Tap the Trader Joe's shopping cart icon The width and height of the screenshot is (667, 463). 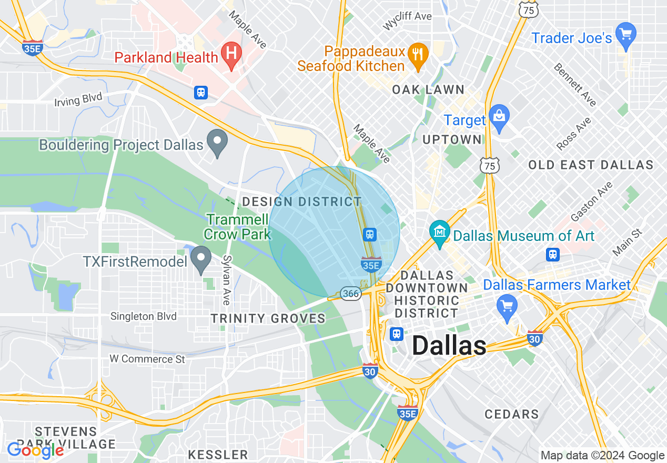pyautogui.click(x=625, y=35)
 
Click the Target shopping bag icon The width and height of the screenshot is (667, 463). pyautogui.click(x=498, y=117)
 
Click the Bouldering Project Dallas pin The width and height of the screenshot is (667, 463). pyautogui.click(x=217, y=142)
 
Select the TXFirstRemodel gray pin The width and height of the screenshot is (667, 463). pyautogui.click(x=200, y=258)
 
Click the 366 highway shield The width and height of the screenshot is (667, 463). pyautogui.click(x=350, y=293)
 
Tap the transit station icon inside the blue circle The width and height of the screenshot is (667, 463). pyautogui.click(x=370, y=234)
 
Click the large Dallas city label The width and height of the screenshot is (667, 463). pyautogui.click(x=449, y=346)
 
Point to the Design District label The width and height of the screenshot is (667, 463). pyautogui.click(x=301, y=202)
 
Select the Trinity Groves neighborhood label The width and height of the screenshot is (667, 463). pyautogui.click(x=268, y=318)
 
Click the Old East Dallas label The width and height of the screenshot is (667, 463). pyautogui.click(x=590, y=165)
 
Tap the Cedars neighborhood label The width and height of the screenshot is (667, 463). pyautogui.click(x=511, y=414)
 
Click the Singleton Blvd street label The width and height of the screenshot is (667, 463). pyautogui.click(x=144, y=316)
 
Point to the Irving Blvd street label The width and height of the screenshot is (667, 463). pyautogui.click(x=78, y=99)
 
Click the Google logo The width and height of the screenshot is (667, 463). pyautogui.click(x=35, y=450)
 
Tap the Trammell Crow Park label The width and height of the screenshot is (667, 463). pyautogui.click(x=238, y=227)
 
